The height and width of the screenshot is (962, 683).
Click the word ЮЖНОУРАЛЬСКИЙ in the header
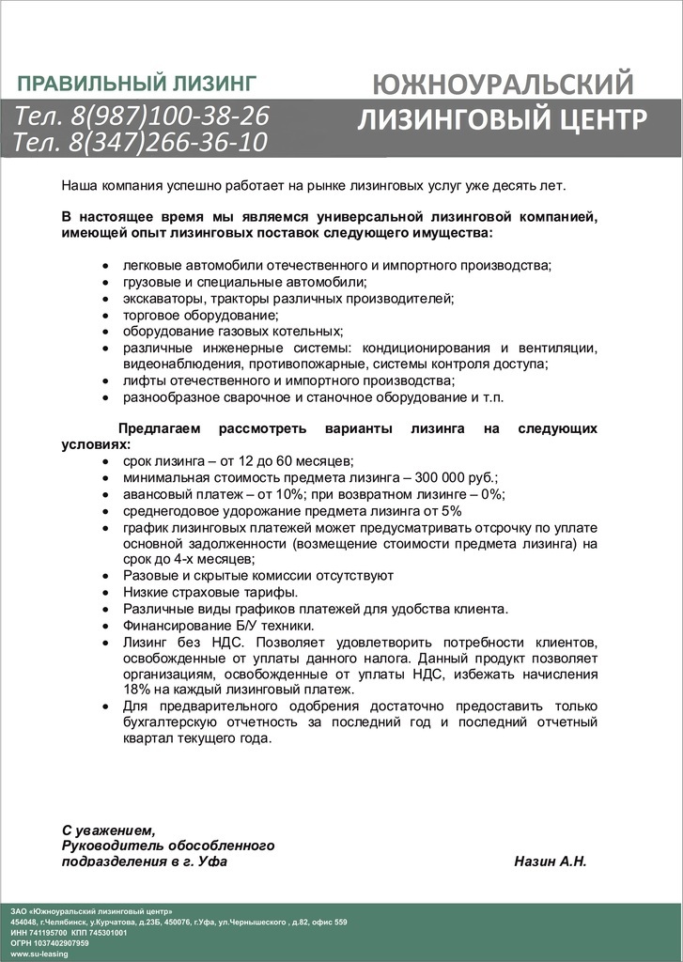click(x=503, y=85)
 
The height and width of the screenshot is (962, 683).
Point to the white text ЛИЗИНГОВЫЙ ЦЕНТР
click(x=503, y=120)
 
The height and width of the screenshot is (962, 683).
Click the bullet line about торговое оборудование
click(x=200, y=315)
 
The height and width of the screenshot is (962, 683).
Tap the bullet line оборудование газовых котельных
click(x=233, y=331)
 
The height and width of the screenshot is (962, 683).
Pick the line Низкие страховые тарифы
click(x=210, y=592)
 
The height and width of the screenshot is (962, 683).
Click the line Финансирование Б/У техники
click(x=219, y=626)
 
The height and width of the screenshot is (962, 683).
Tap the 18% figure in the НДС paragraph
click(x=138, y=690)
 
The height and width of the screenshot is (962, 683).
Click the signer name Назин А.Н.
click(x=551, y=861)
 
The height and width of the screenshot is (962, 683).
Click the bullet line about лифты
click(x=288, y=380)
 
